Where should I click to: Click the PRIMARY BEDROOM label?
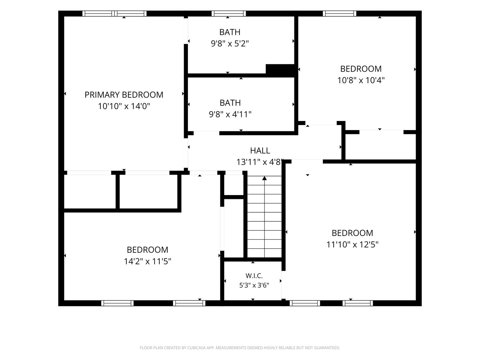[x=124, y=95]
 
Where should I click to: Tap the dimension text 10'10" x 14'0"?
[x=124, y=106]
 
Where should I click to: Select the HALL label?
[x=260, y=151]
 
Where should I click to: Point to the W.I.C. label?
[x=254, y=276]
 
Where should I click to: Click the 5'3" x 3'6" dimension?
[x=254, y=285]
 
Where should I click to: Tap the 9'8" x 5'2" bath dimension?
[x=230, y=44]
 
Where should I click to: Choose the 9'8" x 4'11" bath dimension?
[x=230, y=114]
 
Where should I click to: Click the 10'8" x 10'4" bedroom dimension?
[x=361, y=80]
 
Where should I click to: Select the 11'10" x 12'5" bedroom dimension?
[x=352, y=244]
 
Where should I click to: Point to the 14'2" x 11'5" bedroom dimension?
[x=147, y=261]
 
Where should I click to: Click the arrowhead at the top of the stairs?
[x=264, y=178]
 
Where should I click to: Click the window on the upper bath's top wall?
[x=229, y=14]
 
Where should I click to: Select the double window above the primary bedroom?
[x=114, y=14]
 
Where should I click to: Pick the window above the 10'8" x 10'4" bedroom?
[x=339, y=14]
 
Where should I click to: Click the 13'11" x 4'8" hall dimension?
[x=260, y=162]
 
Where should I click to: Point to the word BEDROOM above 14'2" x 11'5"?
[x=147, y=250]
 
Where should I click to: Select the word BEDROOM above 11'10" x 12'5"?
[x=352, y=233]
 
